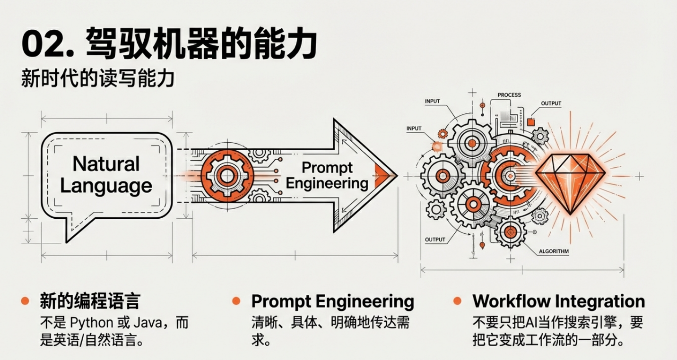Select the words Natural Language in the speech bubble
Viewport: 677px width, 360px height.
tap(106, 174)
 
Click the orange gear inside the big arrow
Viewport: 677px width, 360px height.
tap(227, 176)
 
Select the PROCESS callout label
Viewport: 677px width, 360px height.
tap(509, 95)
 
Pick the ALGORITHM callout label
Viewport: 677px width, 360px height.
tap(554, 251)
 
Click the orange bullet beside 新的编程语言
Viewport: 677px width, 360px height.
tap(25, 301)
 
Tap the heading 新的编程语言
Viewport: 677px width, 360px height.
tap(89, 301)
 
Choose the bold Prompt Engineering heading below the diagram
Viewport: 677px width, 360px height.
tap(332, 301)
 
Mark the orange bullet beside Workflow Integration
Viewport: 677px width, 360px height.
tap(457, 301)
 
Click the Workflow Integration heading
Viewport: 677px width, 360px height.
tap(558, 301)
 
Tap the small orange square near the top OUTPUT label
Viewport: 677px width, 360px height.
tap(530, 122)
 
